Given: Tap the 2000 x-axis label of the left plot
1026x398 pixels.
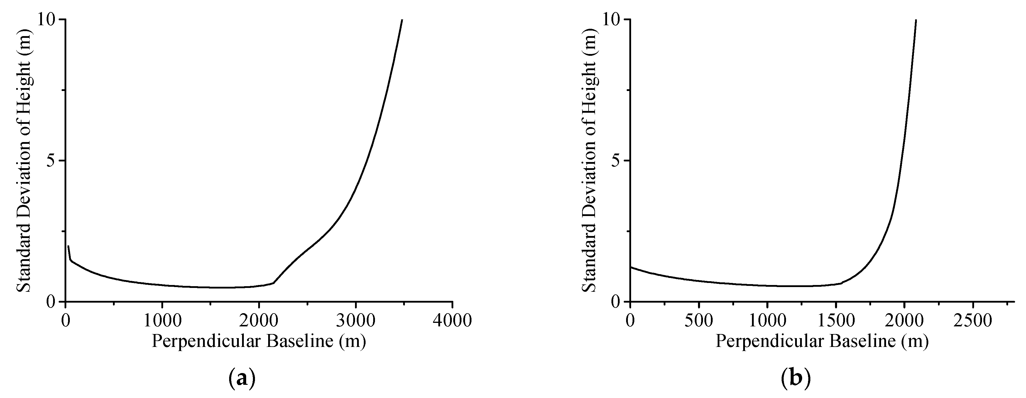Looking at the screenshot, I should pyautogui.click(x=259, y=321).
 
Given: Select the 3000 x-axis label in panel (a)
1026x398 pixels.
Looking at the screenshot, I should pyautogui.click(x=355, y=321).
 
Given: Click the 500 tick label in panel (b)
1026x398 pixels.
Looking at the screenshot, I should pyautogui.click(x=698, y=321).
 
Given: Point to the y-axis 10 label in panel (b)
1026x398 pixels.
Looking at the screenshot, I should pyautogui.click(x=611, y=20).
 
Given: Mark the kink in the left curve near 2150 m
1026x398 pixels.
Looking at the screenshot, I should pyautogui.click(x=273, y=283).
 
